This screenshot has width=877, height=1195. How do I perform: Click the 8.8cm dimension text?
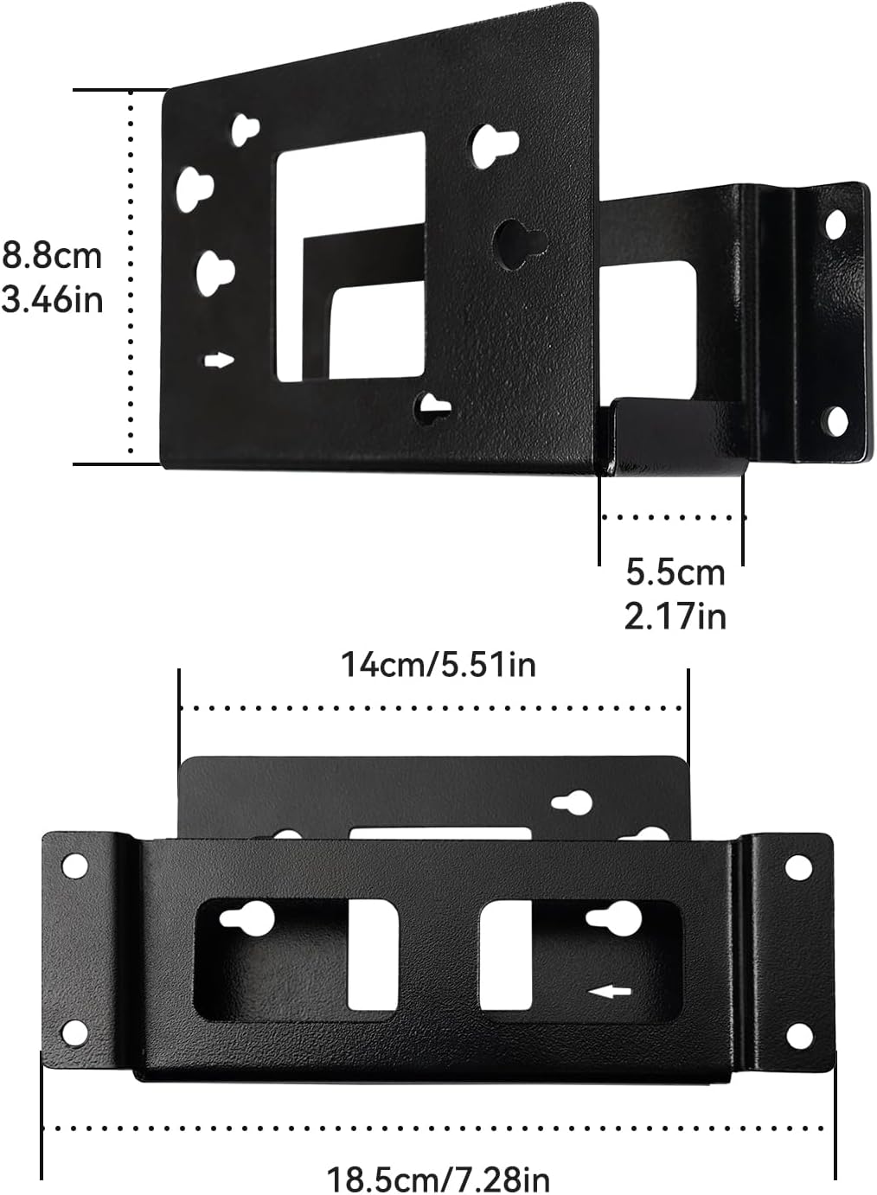(52, 256)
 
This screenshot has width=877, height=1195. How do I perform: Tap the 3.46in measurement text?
(52, 299)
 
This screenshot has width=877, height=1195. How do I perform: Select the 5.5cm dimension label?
(675, 572)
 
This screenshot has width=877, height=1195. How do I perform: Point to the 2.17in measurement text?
(675, 617)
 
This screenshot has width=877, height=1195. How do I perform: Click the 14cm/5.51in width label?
(438, 665)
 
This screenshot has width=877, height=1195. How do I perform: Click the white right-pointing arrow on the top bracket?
(220, 361)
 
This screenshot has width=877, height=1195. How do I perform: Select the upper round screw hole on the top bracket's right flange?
(835, 225)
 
